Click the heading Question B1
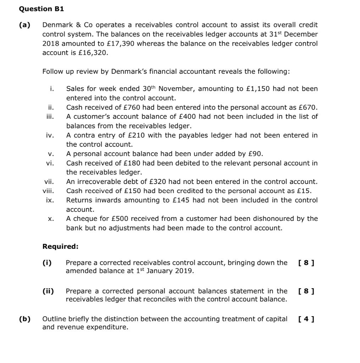(x=41, y=9)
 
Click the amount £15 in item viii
(x=304, y=191)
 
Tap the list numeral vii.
(x=49, y=182)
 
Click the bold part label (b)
(x=25, y=319)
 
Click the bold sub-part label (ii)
(x=48, y=291)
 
